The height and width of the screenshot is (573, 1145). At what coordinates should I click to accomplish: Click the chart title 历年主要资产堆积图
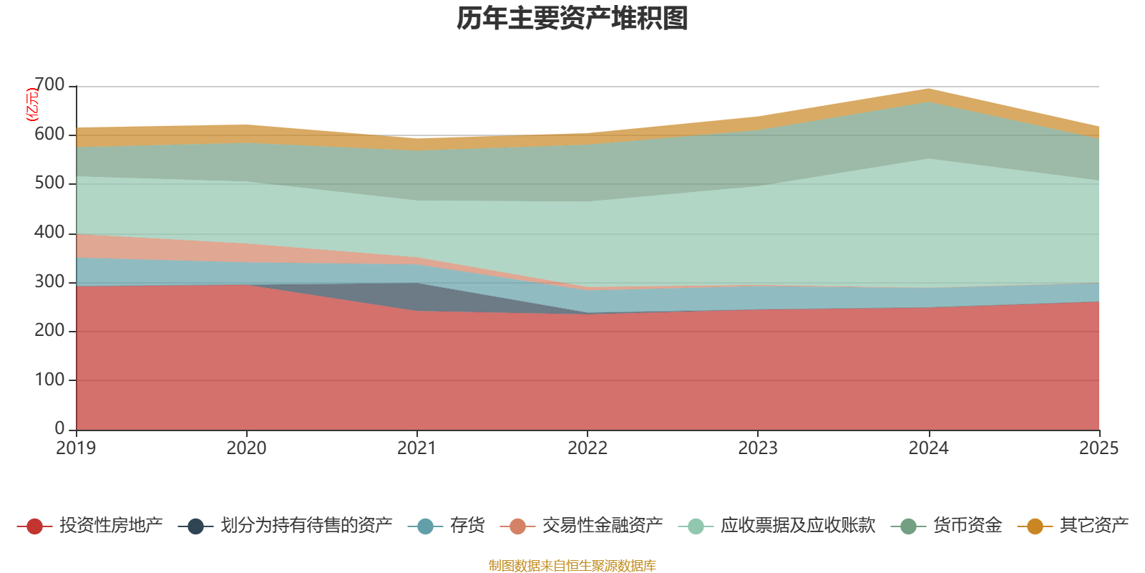pos(572,19)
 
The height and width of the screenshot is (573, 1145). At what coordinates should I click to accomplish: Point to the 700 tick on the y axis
pos(49,85)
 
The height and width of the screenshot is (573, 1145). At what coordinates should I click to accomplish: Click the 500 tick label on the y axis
pos(49,183)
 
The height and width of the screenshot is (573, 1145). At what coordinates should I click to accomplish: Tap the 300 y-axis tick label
pos(49,281)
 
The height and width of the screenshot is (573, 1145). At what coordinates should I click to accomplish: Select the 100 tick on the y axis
pos(49,380)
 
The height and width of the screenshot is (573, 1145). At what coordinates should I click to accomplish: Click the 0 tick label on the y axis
pos(60,428)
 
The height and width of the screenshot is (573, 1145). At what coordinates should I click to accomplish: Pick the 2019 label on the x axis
pos(76,448)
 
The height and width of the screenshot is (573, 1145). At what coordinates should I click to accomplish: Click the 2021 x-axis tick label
pos(416,448)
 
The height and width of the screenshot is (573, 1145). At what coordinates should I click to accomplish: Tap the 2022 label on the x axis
pos(587,448)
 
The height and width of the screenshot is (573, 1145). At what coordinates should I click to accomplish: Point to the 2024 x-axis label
pos(928,448)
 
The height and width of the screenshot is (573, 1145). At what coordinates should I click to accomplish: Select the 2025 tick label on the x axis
pos(1098,448)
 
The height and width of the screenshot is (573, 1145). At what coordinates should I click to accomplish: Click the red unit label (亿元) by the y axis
pos(32,105)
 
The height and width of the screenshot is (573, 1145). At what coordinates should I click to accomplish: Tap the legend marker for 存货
pos(425,526)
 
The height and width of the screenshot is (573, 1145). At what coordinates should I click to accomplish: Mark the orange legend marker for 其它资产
pos(1035,526)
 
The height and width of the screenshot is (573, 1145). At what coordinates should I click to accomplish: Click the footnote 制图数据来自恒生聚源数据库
pos(572,566)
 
